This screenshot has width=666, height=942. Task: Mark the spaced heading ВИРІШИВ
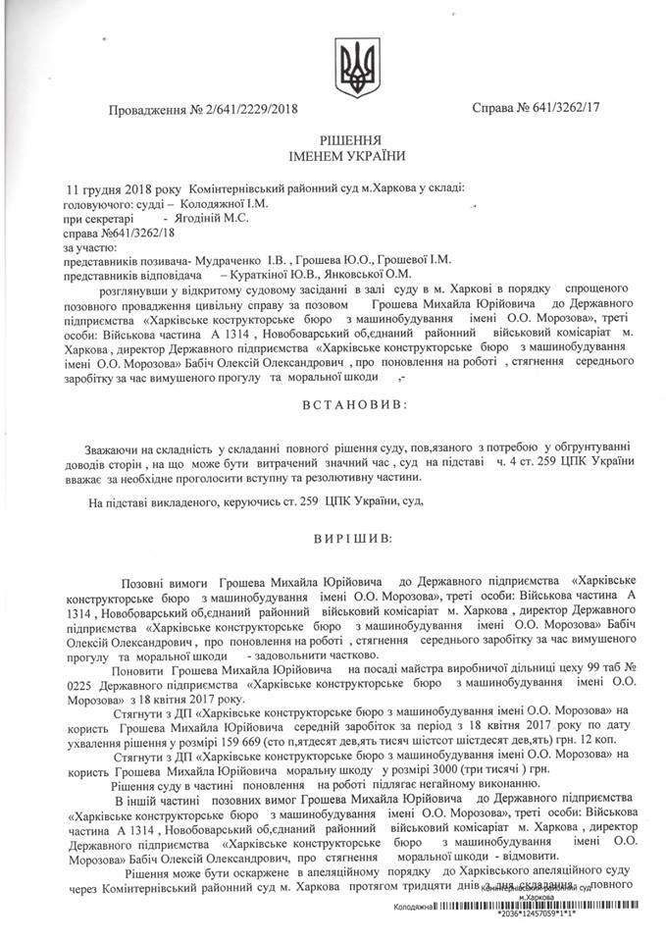pos(349,538)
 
